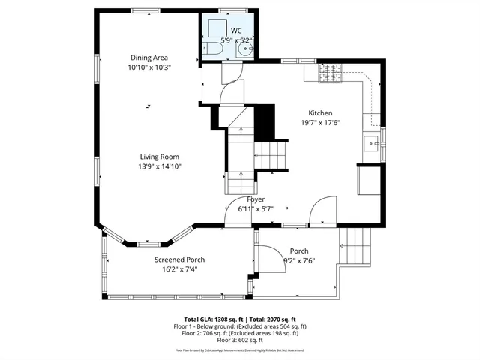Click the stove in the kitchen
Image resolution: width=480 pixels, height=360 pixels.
click(328, 73)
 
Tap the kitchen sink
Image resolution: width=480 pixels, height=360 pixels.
click(372, 142)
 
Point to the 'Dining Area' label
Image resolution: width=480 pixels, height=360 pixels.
click(149, 58)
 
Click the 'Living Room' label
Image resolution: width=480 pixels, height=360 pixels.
click(160, 157)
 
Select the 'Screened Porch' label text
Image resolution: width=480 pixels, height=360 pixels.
click(179, 259)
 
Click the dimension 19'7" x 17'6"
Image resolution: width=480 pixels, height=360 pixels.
click(321, 123)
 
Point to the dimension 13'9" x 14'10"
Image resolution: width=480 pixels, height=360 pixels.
click(160, 166)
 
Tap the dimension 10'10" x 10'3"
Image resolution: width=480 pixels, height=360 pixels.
click(149, 67)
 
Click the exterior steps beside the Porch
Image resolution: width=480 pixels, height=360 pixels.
click(355, 248)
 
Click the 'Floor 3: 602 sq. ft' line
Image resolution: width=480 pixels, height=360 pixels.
click(240, 340)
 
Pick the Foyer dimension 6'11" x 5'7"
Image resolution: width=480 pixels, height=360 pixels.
click(256, 209)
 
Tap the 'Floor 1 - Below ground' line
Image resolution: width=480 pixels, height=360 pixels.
click(240, 326)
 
